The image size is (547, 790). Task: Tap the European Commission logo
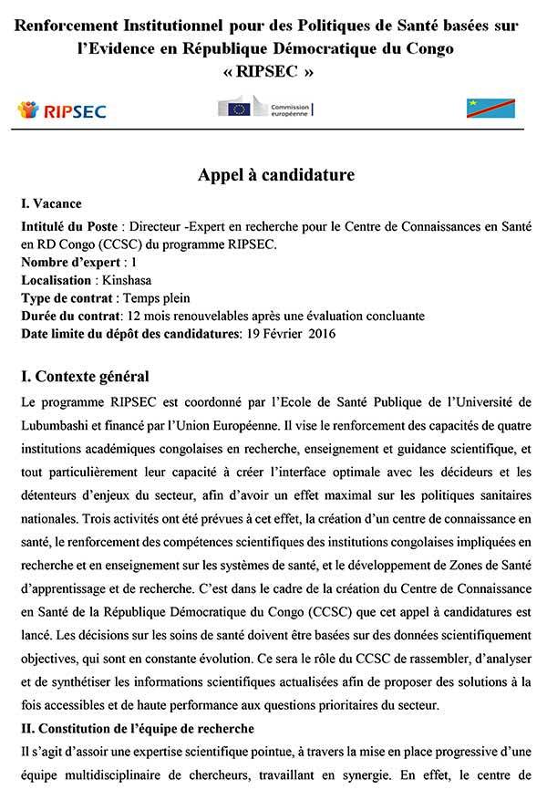(264, 109)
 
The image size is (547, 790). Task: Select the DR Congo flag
(490, 109)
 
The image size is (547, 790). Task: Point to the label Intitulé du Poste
(68, 226)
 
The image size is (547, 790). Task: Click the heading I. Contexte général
(85, 376)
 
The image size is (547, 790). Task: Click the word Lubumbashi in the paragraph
(60, 423)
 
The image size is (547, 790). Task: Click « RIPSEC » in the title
(273, 71)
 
